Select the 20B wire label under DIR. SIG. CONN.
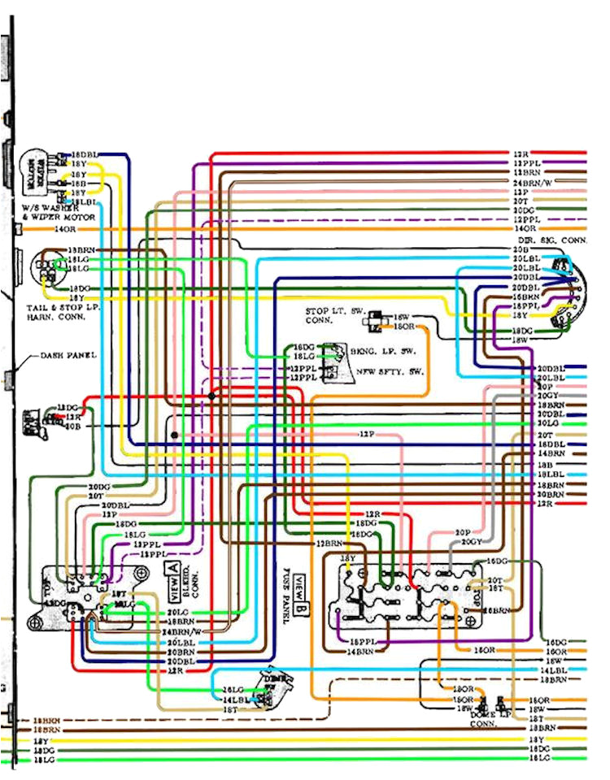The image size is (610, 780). (521, 249)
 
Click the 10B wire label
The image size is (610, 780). (72, 426)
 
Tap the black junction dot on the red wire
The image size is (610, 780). (211, 396)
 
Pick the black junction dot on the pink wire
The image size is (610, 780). (174, 435)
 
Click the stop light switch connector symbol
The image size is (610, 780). (377, 321)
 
